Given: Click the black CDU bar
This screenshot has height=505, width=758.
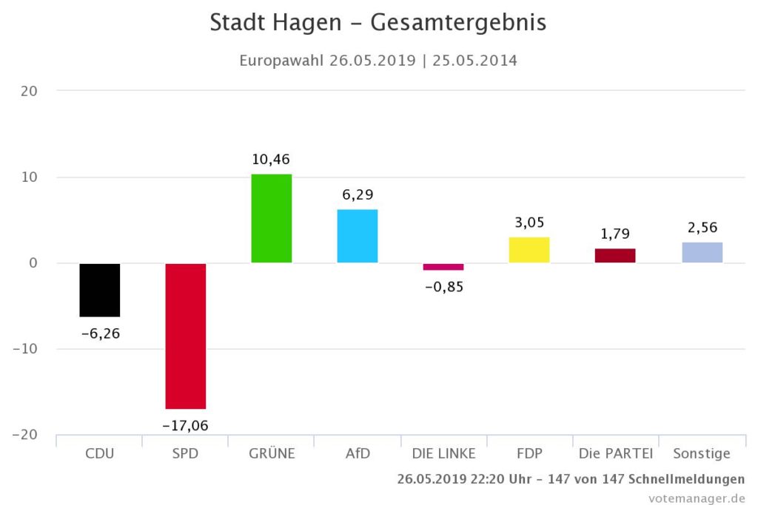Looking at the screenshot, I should (100, 290).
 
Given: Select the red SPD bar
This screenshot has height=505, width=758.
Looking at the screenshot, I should (186, 336).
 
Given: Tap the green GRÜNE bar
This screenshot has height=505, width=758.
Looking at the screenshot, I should (272, 218).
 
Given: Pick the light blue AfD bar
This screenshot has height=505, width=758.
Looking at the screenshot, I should (358, 236).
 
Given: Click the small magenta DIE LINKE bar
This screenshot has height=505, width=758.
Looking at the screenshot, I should (443, 266).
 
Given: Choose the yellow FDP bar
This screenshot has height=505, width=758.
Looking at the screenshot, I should (529, 250).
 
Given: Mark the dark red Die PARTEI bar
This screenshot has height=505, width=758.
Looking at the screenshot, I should (615, 255).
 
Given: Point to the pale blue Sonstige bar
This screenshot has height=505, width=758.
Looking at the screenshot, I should (702, 252).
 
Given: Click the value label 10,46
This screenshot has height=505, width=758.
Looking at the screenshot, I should (272, 159).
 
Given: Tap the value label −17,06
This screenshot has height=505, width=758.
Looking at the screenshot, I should (186, 425).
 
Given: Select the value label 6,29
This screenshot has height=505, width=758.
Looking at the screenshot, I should (358, 194).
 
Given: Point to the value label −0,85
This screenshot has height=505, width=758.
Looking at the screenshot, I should (443, 287).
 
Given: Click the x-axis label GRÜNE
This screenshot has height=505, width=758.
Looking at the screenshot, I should (272, 453).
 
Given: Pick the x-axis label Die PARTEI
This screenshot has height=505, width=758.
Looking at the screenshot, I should (615, 453).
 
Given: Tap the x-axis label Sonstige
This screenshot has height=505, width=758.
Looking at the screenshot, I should (702, 453).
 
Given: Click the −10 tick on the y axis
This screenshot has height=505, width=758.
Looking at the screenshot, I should (27, 349).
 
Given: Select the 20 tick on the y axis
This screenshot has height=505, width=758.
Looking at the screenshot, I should (30, 91).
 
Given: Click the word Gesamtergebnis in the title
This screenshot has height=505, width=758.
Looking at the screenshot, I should (458, 22).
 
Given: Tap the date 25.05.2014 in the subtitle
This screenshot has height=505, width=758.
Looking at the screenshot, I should (474, 61).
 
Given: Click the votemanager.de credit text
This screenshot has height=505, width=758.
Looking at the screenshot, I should (697, 498).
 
